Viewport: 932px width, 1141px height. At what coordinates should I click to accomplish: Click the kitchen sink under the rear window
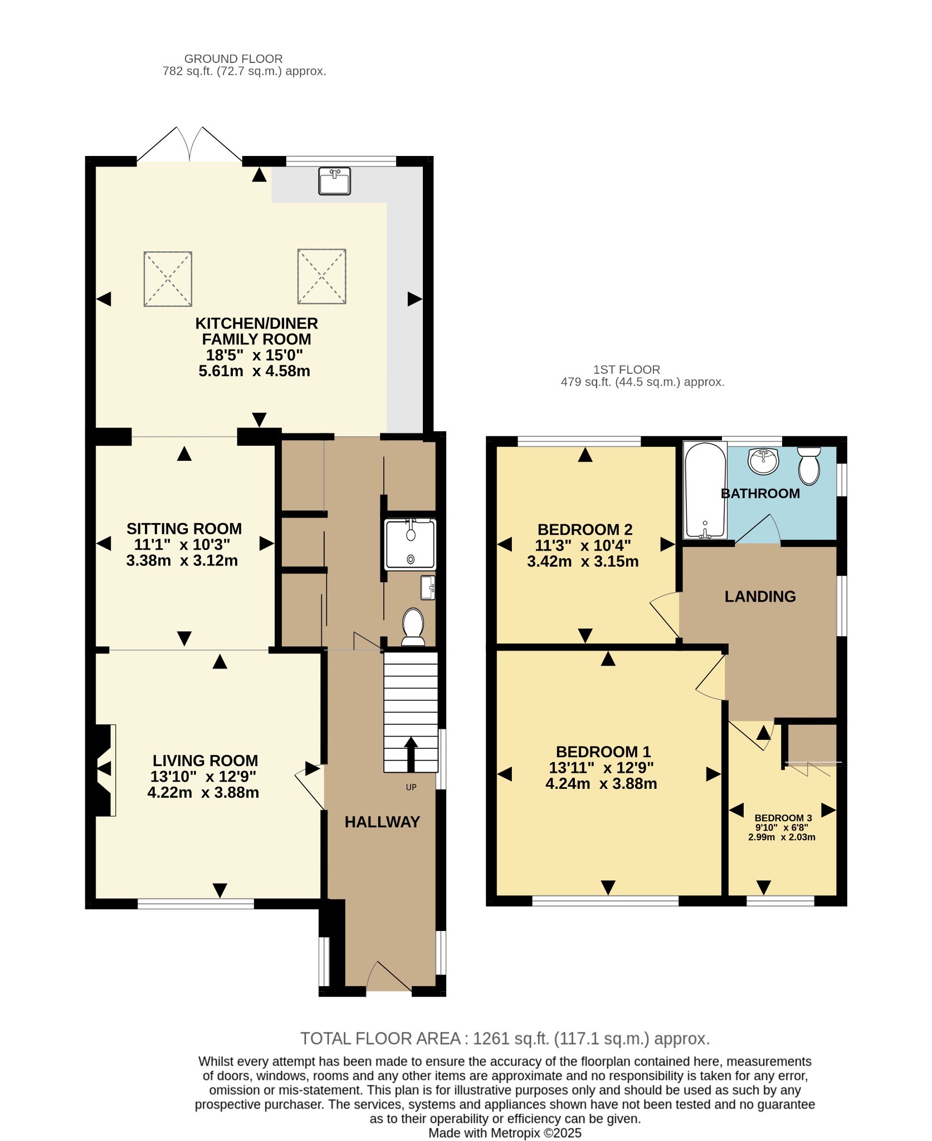(x=334, y=181)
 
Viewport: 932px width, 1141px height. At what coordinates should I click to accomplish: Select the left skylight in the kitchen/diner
(x=168, y=279)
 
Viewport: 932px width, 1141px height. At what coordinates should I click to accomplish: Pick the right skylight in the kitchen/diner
(x=321, y=276)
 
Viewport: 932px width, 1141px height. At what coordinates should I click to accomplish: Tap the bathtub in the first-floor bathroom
(x=705, y=490)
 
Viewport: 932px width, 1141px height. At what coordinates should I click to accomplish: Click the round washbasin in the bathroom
(x=763, y=461)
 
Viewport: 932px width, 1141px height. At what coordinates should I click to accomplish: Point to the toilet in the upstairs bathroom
(x=809, y=466)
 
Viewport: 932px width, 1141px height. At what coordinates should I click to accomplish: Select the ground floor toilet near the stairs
(x=413, y=627)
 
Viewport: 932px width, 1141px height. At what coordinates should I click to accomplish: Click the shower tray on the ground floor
(x=411, y=544)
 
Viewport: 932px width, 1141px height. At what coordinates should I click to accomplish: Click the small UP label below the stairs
(x=411, y=787)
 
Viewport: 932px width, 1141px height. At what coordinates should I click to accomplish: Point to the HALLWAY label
(x=382, y=822)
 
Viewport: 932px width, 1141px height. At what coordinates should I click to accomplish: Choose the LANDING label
(x=760, y=597)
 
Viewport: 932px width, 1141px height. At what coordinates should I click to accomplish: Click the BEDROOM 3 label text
(x=783, y=818)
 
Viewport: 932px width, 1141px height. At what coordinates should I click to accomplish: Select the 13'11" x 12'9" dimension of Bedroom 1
(x=601, y=768)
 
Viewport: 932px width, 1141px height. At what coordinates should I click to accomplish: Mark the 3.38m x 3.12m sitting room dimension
(x=182, y=560)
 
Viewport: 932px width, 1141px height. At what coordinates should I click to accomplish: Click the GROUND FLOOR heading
(x=233, y=58)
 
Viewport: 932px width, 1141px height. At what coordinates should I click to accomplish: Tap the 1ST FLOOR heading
(x=627, y=369)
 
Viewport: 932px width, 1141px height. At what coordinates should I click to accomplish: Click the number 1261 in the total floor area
(x=491, y=1038)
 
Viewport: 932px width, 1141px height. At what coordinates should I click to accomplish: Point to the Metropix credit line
(x=505, y=1133)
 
